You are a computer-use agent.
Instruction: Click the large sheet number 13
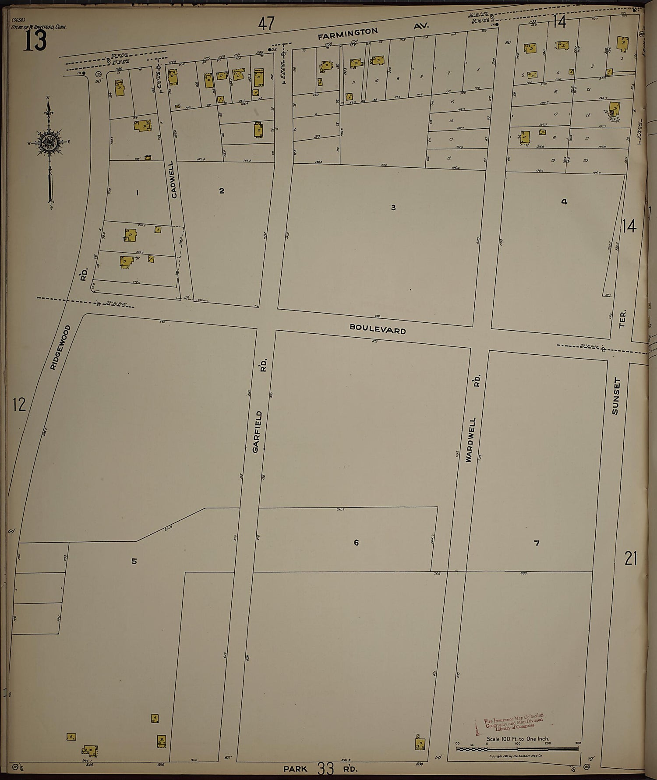pos(35,42)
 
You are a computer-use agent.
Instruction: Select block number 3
pos(393,208)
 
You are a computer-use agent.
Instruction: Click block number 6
pos(356,543)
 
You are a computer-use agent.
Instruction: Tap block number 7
pos(537,543)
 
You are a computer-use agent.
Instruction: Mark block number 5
pos(134,561)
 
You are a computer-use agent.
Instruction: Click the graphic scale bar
pos(517,748)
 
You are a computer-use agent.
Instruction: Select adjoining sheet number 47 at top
pos(267,24)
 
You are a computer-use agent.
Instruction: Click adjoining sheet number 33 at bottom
pos(326,768)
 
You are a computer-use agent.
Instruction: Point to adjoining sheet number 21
pos(631,559)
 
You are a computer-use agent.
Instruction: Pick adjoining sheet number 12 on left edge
pos(19,404)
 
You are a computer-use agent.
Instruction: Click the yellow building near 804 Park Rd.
pos(420,743)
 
